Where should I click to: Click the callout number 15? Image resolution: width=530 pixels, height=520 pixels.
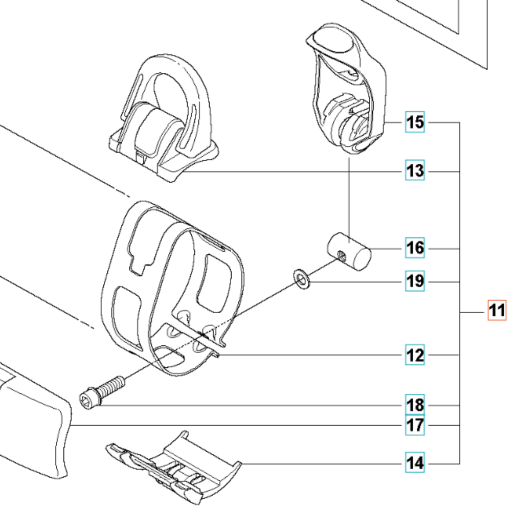click(x=415, y=122)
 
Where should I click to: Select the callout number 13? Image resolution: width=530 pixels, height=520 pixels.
click(x=415, y=171)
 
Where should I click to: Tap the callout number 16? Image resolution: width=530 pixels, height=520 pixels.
click(x=415, y=248)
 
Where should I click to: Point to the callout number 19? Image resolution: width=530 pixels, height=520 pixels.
click(x=415, y=281)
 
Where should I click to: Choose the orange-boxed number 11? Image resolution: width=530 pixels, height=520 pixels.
click(x=497, y=311)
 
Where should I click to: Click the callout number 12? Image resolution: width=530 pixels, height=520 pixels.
click(x=415, y=355)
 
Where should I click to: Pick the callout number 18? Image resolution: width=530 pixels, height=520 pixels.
click(x=415, y=405)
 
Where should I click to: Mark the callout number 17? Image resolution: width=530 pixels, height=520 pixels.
click(x=415, y=425)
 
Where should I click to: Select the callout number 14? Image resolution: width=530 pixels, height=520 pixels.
click(x=415, y=463)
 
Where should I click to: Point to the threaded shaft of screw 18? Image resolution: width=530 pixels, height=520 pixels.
click(x=111, y=386)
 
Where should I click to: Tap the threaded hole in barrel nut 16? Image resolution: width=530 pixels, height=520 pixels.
click(x=342, y=256)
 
